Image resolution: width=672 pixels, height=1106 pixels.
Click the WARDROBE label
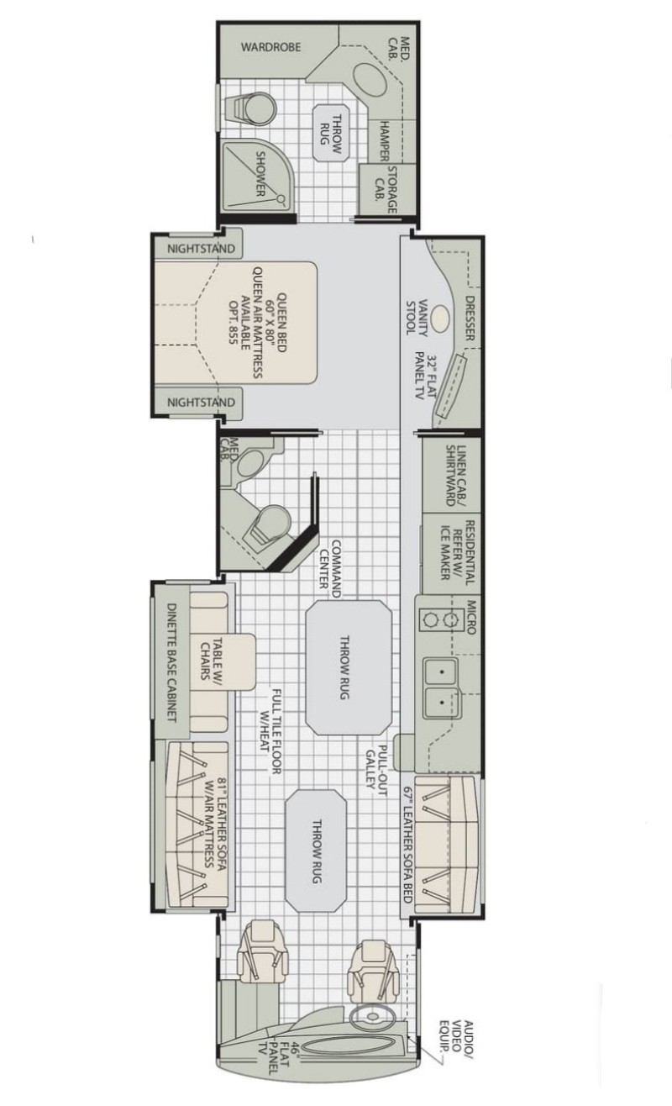click(x=270, y=47)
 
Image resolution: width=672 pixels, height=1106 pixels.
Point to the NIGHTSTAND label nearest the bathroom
click(x=201, y=249)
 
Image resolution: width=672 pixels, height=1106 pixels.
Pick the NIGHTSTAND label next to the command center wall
click(x=201, y=402)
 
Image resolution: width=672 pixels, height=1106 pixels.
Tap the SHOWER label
click(x=260, y=173)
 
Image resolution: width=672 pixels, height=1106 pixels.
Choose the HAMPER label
click(x=384, y=141)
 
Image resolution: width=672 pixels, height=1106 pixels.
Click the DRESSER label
click(x=470, y=319)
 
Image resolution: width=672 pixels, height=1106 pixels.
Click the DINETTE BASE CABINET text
click(x=171, y=662)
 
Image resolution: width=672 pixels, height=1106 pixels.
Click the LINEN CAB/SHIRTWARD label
click(x=457, y=476)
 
